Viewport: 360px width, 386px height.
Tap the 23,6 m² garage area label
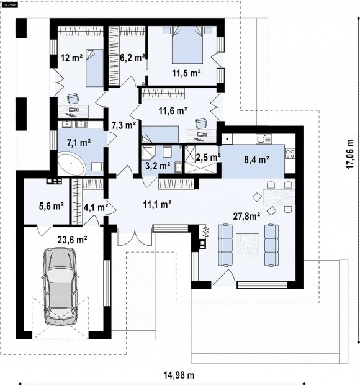(73, 240)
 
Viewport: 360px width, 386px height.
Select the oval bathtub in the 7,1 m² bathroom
(71, 164)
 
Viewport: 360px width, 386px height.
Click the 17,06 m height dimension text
(349, 154)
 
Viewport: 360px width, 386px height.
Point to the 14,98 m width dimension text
(179, 375)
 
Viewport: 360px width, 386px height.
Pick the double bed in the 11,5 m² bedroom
(187, 45)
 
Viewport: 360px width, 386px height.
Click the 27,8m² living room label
(247, 216)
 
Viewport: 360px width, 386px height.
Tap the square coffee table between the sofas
(248, 245)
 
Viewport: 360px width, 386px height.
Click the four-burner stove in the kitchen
(290, 154)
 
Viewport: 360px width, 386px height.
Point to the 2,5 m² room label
(208, 157)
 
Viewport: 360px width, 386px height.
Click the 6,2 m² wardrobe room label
(132, 58)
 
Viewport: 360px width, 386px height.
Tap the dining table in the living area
(279, 197)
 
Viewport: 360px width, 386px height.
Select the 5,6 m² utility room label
(52, 206)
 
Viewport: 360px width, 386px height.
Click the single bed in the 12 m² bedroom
(94, 68)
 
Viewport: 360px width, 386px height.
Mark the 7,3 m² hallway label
(124, 125)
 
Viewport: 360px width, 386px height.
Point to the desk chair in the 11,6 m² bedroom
(200, 123)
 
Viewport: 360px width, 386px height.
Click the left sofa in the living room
(225, 245)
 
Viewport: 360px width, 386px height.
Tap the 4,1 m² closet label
(96, 207)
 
